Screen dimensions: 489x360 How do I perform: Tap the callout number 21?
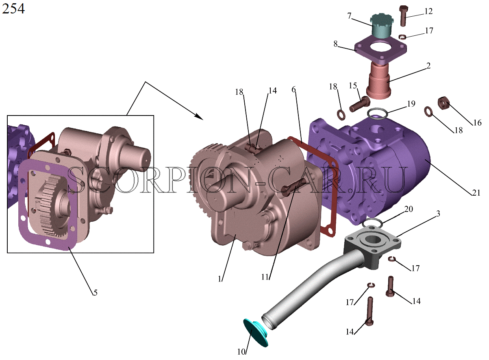point(476,193)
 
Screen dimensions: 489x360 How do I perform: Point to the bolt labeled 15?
point(360,104)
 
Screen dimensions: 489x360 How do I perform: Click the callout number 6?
point(293,89)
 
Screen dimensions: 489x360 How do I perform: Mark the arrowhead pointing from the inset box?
point(199,117)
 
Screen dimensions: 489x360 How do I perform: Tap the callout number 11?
point(265,277)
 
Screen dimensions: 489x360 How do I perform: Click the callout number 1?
point(220,279)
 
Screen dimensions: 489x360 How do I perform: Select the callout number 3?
point(438,214)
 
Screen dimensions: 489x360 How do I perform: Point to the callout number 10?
point(241,352)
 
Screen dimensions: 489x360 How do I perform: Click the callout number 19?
point(411,103)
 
